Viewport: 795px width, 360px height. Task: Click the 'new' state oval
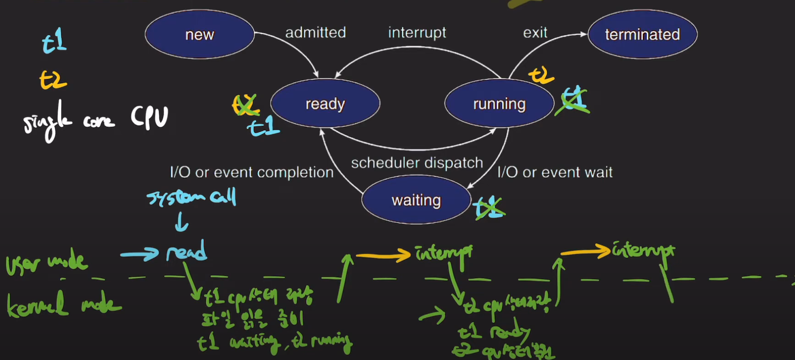199,34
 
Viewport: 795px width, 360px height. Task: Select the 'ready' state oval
325,104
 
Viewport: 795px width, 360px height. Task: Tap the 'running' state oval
499,104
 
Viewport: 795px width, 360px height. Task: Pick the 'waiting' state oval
416,200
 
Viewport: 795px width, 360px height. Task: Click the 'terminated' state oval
642,34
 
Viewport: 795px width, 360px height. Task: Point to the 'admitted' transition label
315,33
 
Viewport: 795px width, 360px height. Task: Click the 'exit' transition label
535,33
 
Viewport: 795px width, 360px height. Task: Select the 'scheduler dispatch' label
417,163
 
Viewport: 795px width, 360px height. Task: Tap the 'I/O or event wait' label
554,172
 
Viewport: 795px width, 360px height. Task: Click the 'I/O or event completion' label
252,172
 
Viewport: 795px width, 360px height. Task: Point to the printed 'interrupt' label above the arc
417,33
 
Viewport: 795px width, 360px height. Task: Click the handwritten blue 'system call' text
192,197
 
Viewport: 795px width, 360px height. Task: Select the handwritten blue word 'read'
186,251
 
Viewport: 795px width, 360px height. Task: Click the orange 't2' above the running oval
541,75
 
